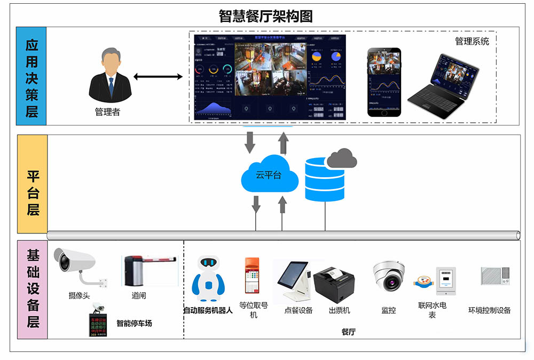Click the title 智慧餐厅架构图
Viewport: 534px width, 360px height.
pyautogui.click(x=265, y=16)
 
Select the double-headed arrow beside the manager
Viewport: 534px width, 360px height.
pyautogui.click(x=158, y=77)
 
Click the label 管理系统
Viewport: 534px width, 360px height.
pyautogui.click(x=472, y=41)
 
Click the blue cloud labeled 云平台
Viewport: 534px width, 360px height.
pyautogui.click(x=269, y=174)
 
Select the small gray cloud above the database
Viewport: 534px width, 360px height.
pyautogui.click(x=342, y=158)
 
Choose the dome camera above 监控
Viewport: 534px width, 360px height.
pyautogui.click(x=388, y=275)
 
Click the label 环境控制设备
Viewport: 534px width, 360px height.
pyautogui.click(x=489, y=310)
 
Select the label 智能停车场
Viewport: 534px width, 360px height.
pyautogui.click(x=134, y=323)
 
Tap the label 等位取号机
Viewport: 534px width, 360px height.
pyautogui.click(x=253, y=310)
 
